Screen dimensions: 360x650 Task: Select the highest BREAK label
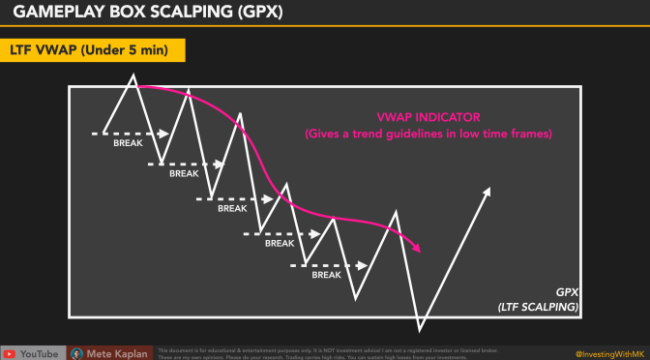129,142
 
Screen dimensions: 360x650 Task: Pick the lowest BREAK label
327,275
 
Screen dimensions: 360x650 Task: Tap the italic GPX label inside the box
567,291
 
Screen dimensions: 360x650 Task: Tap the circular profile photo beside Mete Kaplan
74,353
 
